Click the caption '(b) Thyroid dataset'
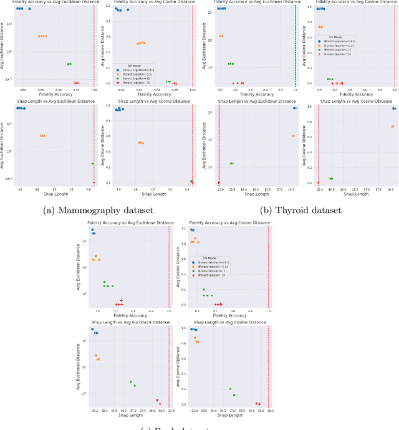tap(301, 210)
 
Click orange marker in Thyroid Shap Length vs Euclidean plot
tap(294, 136)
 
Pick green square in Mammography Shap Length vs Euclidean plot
tap(92, 163)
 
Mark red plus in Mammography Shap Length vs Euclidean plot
tap(94, 183)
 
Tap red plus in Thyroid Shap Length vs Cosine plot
tap(318, 183)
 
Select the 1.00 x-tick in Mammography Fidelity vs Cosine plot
tap(193, 90)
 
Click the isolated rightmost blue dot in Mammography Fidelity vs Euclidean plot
tap(29, 9)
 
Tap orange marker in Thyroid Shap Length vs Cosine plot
tap(392, 127)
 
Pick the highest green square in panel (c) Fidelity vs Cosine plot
tap(203, 289)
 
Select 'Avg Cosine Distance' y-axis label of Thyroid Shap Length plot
tap(305, 145)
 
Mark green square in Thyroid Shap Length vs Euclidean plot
tap(231, 163)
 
